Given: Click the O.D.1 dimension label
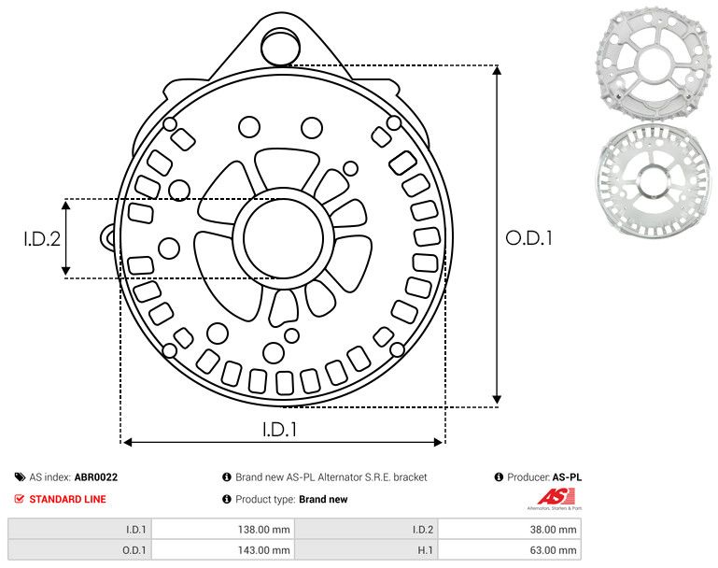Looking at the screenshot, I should [528, 238].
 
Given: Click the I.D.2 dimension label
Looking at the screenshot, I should [42, 238].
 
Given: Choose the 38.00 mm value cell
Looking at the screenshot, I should [551, 529].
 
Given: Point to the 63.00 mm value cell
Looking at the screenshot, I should [551, 550].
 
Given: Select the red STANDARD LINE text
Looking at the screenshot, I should [67, 499].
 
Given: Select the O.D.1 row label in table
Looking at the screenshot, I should [135, 550].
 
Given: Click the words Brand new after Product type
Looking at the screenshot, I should [323, 499].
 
